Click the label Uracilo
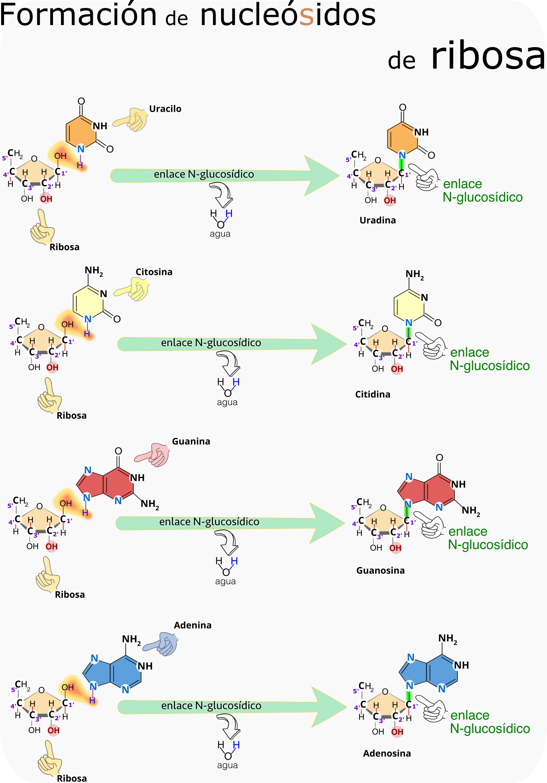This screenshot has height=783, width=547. point(165,109)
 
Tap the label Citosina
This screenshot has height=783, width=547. point(154,272)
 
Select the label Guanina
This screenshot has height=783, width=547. point(191,442)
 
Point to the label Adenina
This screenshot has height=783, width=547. point(193,625)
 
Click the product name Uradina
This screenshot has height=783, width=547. point(377,220)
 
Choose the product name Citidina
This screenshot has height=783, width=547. point(373,394)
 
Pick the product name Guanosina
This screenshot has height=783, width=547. point(380,570)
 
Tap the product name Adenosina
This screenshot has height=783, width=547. point(387,753)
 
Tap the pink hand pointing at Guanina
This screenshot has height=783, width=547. point(153,455)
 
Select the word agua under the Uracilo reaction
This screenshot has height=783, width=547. point(220,234)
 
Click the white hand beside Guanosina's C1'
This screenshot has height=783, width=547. point(430,524)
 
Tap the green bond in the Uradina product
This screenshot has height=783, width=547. point(402,164)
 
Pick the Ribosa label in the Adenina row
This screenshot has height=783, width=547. point(72,778)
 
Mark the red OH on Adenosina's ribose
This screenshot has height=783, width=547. point(397,732)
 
